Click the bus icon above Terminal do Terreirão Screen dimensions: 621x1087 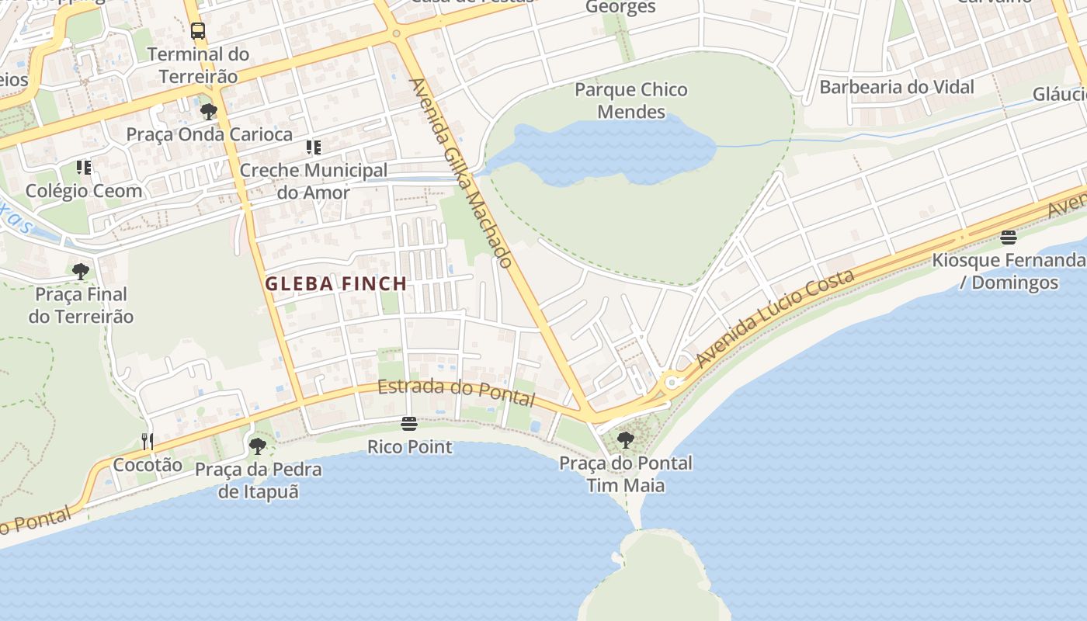click(198, 31)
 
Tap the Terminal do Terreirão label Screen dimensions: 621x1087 click(198, 65)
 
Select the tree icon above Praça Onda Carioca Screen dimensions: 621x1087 click(208, 112)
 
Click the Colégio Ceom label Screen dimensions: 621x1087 click(84, 191)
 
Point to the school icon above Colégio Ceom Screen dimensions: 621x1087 click(84, 168)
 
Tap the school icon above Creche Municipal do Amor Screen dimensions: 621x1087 click(314, 147)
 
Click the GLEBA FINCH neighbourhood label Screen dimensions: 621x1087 click(336, 284)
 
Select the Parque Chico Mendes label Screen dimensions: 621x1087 click(630, 101)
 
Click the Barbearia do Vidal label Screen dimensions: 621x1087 click(897, 87)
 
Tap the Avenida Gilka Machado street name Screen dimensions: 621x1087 click(460, 172)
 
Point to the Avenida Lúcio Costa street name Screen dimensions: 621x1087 click(776, 318)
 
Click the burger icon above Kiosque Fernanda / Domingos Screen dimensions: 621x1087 click(1008, 238)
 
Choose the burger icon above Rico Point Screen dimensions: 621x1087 click(409, 424)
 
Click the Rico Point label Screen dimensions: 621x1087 click(409, 447)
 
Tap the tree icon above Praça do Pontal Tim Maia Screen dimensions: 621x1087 click(625, 440)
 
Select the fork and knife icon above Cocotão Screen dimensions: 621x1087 click(148, 442)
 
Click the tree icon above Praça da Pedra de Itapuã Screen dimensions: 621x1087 click(257, 446)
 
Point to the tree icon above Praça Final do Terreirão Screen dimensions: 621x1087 click(81, 272)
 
